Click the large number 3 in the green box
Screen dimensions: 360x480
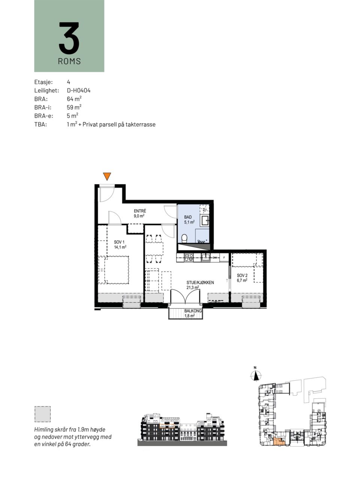(69, 38)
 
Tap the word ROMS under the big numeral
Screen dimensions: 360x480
(69, 61)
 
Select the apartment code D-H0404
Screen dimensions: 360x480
(79, 90)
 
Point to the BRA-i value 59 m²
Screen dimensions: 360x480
(74, 107)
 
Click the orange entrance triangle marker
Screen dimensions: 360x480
(107, 176)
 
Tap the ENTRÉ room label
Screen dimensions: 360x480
(140, 211)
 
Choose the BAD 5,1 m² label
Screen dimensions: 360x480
(189, 219)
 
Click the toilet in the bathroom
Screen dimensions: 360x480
(184, 238)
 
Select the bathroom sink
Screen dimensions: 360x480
(205, 220)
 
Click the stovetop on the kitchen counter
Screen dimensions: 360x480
(188, 257)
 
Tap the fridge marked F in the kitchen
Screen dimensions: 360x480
(224, 258)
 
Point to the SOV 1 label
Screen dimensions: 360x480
(119, 242)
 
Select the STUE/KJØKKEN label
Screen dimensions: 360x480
(200, 282)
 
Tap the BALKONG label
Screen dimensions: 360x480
(193, 311)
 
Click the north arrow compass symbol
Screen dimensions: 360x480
(256, 376)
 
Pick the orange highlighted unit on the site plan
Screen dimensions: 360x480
(279, 441)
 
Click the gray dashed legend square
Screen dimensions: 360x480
(42, 414)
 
